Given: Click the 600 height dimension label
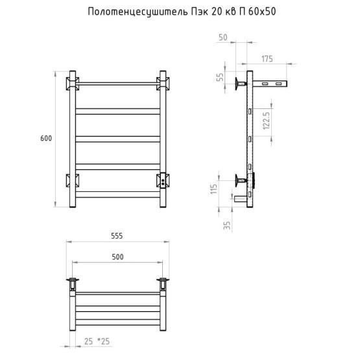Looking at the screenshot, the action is (46, 138).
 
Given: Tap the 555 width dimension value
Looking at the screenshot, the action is (117, 236).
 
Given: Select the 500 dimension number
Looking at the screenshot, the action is (118, 257).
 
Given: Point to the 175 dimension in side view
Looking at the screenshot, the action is (267, 59).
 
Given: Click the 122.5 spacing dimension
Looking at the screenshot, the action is (267, 121).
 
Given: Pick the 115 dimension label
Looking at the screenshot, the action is (213, 189).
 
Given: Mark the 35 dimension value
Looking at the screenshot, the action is (227, 225).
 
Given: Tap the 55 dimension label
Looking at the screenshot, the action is (220, 77).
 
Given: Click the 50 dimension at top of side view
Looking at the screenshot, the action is (223, 38).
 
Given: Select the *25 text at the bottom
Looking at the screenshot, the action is (104, 341).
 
